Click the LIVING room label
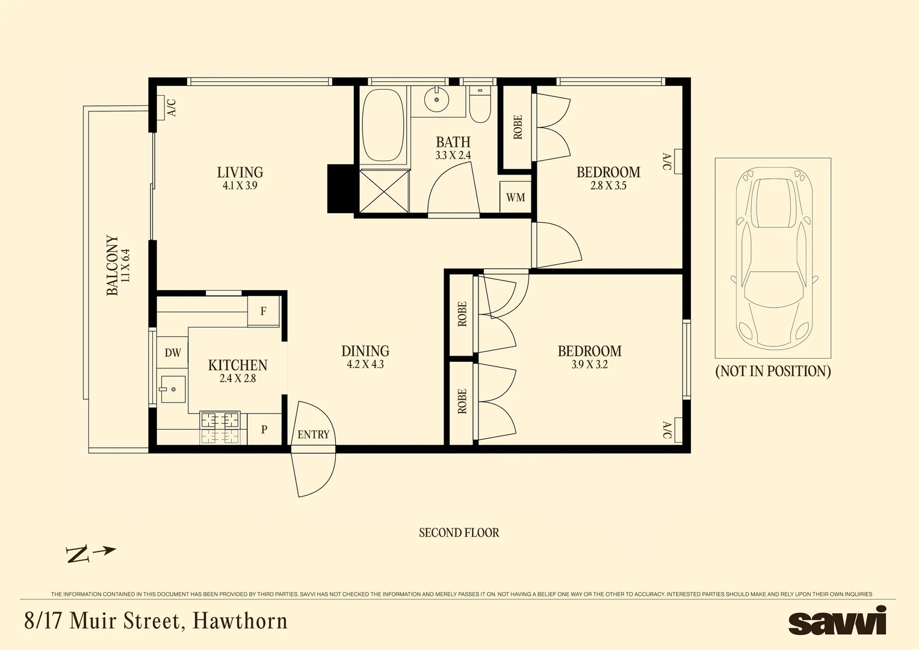(240, 173)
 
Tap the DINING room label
(365, 351)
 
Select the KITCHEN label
(237, 365)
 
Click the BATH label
(453, 142)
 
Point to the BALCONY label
(113, 265)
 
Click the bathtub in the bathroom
(383, 125)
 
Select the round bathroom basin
(436, 100)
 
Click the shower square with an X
(384, 191)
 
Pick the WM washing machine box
(515, 197)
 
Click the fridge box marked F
(264, 311)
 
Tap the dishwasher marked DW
(173, 353)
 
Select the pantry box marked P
(264, 430)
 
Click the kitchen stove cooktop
(220, 428)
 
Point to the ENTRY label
(313, 435)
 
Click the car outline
(773, 258)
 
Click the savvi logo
(837, 622)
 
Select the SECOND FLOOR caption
(459, 533)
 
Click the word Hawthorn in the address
(240, 621)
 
